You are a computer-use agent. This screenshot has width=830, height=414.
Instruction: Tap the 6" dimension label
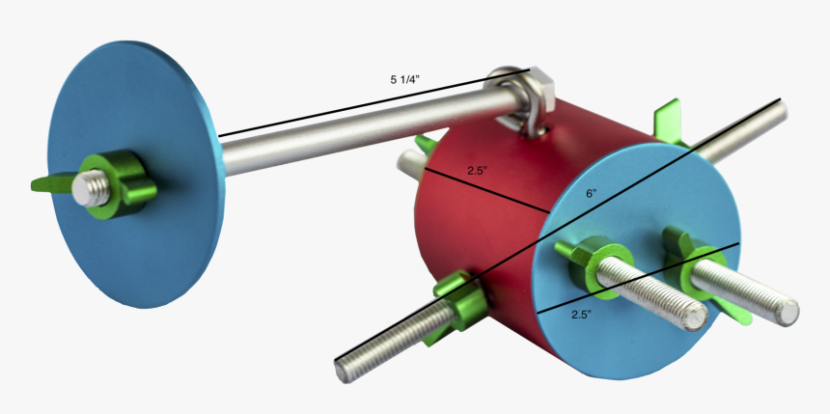pyautogui.click(x=592, y=193)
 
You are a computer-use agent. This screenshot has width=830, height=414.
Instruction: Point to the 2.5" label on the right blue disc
pyautogui.click(x=582, y=315)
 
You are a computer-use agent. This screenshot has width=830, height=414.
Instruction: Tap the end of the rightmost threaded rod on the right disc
pyautogui.click(x=788, y=312)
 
